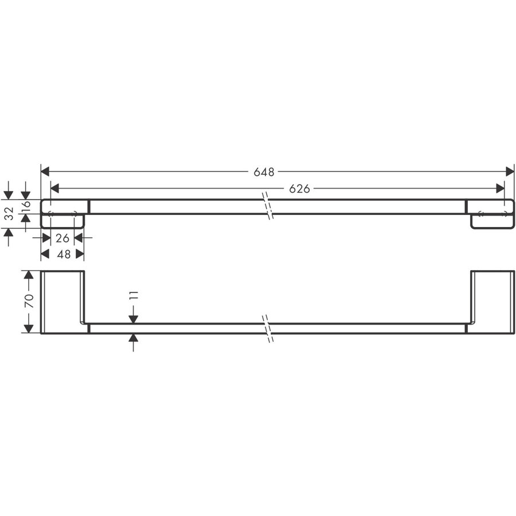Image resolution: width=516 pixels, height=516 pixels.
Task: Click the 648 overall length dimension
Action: [264, 171]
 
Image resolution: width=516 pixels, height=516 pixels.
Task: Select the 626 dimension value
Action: [299, 189]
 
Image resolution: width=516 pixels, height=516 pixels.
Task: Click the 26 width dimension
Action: [62, 237]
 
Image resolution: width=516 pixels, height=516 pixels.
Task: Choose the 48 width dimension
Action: [62, 253]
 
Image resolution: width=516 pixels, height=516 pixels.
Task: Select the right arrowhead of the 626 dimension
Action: [501, 189]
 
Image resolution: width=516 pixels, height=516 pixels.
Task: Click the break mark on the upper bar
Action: [267, 206]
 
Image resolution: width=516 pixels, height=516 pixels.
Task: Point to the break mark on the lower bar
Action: [269, 329]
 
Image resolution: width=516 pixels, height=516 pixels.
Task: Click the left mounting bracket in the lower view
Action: [63, 302]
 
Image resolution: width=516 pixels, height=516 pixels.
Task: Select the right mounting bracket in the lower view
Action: [492, 302]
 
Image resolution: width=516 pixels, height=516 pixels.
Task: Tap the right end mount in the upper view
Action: [491, 213]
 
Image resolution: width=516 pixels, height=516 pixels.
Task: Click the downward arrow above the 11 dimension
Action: [133, 317]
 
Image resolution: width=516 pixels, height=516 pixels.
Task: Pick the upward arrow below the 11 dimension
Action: [133, 340]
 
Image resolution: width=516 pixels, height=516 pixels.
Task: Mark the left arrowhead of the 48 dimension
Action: [45, 253]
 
